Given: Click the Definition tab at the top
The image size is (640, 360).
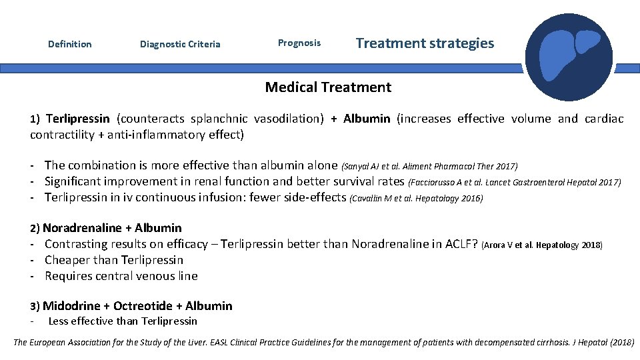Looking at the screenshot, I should tap(70, 44).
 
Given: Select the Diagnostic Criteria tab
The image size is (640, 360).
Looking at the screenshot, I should tap(180, 45).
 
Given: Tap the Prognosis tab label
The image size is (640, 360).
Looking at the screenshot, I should tap(299, 43).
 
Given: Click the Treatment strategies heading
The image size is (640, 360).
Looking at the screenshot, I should tap(425, 43).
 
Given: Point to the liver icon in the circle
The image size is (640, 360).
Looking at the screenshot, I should tap(568, 57).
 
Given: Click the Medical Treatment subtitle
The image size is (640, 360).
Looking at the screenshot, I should tap(328, 87).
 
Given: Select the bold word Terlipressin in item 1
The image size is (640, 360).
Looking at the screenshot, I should tap(78, 119).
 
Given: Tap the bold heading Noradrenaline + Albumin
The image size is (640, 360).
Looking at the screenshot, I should tap(112, 228).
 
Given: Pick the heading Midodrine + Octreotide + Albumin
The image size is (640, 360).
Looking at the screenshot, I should tap(137, 306).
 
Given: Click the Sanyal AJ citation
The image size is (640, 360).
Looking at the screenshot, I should tap(429, 166).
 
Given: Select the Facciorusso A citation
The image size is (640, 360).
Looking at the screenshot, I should tap(515, 182).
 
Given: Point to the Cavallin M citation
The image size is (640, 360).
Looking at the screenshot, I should tap(416, 198).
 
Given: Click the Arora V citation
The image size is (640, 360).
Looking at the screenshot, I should tap(541, 245).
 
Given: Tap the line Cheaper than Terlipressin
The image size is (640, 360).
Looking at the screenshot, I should tap(113, 260).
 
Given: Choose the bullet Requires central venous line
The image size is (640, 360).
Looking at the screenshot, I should tap(121, 276).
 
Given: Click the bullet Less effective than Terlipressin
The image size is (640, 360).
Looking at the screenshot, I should tap(123, 321).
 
